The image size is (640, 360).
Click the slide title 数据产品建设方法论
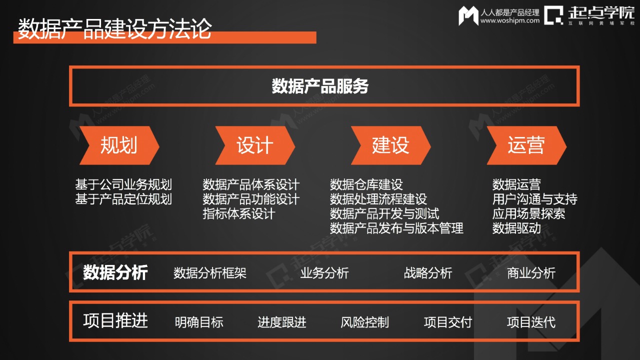click(115, 28)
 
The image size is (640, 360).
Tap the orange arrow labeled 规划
click(119, 145)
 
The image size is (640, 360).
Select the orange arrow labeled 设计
click(255, 145)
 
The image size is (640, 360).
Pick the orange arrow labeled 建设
click(390, 145)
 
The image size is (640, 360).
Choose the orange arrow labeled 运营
click(526, 145)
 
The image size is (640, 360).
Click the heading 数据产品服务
click(320, 86)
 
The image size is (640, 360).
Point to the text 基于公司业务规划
click(123, 184)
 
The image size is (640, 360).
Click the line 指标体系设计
click(239, 213)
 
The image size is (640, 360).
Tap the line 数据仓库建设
click(366, 184)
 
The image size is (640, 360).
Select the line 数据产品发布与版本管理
click(396, 228)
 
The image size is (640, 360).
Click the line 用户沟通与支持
click(534, 199)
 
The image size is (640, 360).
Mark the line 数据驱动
click(516, 228)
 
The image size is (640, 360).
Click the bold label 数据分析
click(115, 272)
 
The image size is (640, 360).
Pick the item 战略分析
click(428, 273)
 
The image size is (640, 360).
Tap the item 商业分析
click(531, 273)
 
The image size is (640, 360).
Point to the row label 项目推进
click(115, 320)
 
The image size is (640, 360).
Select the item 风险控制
click(364, 322)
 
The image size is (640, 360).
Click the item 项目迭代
click(531, 322)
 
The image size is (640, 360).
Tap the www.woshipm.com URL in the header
click(510, 20)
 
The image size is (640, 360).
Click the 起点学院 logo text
click(601, 13)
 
